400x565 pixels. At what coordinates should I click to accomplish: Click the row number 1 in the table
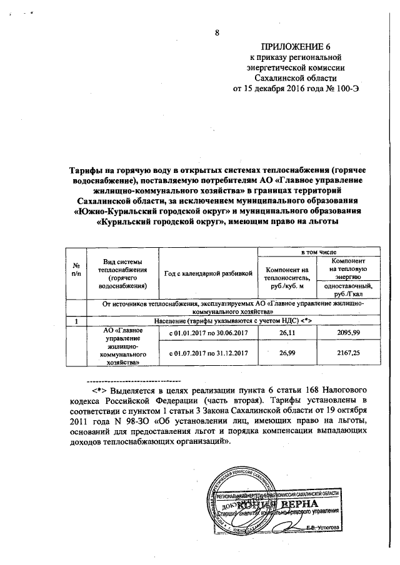pyautogui.click(x=76, y=321)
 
